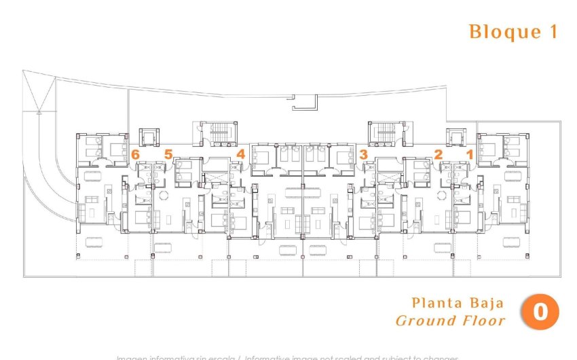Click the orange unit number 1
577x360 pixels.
[x=469, y=154]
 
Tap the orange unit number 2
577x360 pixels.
[x=439, y=154]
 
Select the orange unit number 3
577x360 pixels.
[x=364, y=154]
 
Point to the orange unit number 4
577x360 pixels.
[x=241, y=154]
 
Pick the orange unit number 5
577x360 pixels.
[x=168, y=154]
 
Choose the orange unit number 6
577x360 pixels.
[x=136, y=154]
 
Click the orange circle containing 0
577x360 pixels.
[x=540, y=312]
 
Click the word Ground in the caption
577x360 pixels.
[x=426, y=321]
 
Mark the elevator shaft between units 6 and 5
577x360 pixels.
[x=149, y=136]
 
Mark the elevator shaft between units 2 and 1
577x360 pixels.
[x=453, y=136]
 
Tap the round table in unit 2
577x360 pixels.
[x=442, y=195]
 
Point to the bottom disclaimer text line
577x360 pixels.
[x=288, y=357]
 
